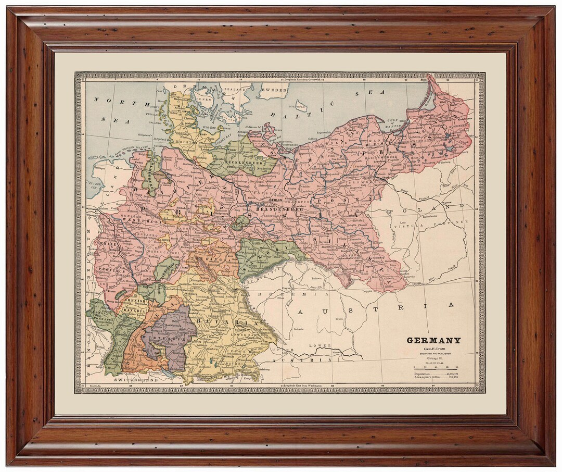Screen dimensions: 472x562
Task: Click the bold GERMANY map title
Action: (x=433, y=341)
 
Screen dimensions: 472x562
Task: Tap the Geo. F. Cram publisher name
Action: (x=433, y=349)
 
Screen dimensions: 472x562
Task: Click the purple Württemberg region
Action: (x=169, y=333)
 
